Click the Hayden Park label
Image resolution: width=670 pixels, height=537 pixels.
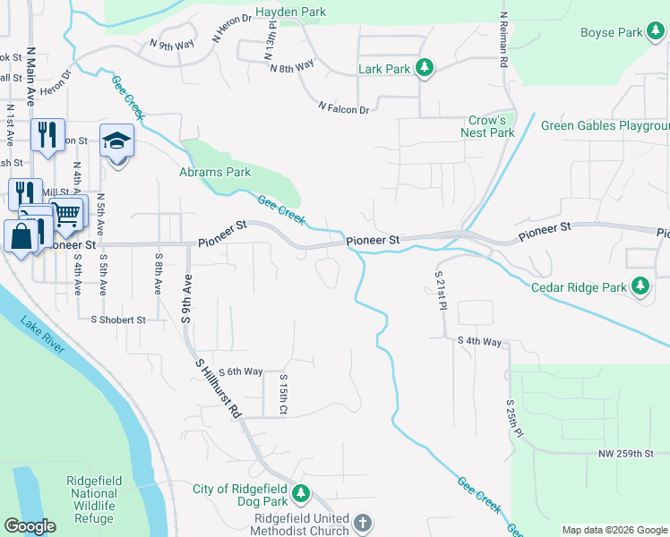point(290,12)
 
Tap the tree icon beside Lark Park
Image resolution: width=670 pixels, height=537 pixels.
point(425,68)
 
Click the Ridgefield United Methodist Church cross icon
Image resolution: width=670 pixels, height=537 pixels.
point(362,523)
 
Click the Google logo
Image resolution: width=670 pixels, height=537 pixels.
point(30,526)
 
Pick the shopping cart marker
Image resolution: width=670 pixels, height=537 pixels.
point(66,214)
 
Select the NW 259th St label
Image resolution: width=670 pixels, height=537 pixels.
point(627,455)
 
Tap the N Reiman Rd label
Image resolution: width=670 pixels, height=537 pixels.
point(503,41)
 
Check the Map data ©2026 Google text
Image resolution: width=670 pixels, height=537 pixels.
point(614,530)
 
